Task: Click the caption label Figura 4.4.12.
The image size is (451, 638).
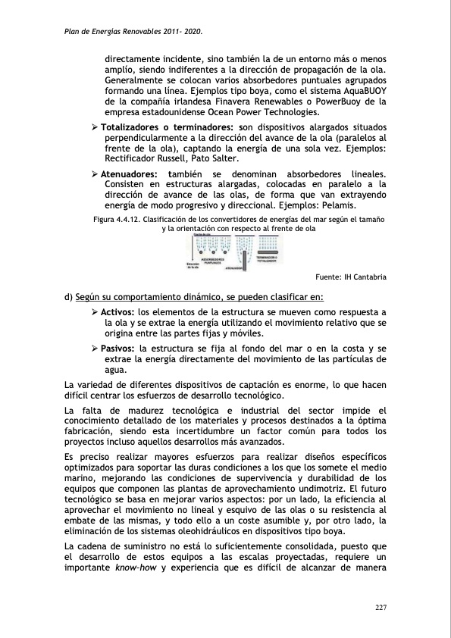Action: pos(117,218)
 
